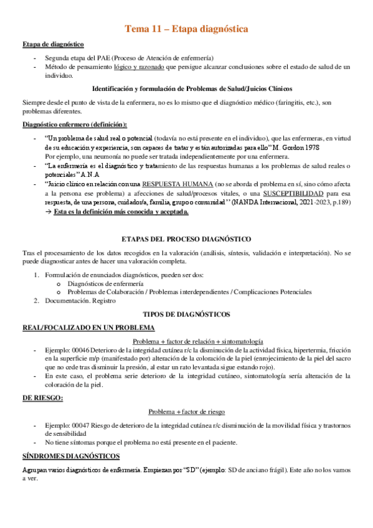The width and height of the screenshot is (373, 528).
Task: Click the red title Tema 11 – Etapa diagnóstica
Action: click(186, 29)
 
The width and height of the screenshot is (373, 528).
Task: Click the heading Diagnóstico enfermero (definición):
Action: click(74, 124)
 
